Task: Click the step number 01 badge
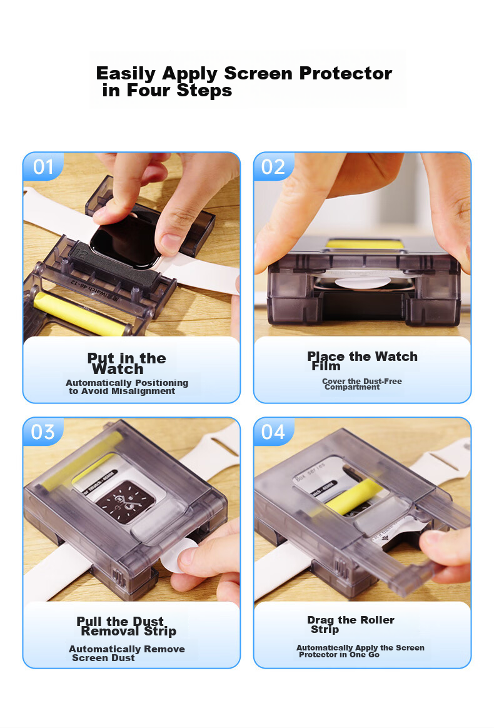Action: click(43, 167)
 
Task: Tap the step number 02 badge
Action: click(273, 167)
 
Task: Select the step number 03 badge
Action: click(43, 432)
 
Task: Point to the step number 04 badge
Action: click(273, 432)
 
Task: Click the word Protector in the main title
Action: click(345, 73)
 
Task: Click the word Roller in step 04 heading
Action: click(376, 620)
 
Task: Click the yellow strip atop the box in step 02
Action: click(364, 244)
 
